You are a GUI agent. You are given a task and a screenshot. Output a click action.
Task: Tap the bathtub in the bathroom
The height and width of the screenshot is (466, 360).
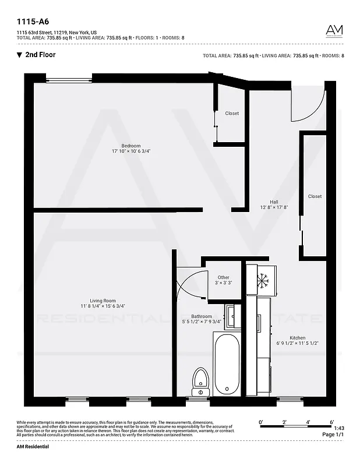(226, 364)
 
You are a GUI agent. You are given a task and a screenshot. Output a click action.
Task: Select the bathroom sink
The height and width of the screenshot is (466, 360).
(231, 316)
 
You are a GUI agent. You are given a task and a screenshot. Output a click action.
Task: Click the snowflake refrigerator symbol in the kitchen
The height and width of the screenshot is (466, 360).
(263, 281)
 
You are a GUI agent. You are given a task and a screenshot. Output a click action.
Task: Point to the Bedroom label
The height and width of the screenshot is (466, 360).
(131, 146)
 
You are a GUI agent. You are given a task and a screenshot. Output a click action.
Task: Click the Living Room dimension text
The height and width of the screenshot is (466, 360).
(103, 306)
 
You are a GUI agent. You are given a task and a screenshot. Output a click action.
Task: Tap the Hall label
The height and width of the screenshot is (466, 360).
(274, 202)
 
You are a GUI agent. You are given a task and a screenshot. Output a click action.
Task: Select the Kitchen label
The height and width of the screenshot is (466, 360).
(297, 338)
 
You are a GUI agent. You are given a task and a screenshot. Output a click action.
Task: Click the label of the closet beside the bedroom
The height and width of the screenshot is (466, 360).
(232, 114)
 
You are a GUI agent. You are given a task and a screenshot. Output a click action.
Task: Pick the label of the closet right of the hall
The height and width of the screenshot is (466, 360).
(315, 197)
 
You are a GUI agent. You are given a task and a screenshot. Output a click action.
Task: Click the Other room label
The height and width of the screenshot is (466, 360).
(223, 277)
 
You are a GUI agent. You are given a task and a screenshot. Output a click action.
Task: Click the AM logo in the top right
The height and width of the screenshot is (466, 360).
(334, 31)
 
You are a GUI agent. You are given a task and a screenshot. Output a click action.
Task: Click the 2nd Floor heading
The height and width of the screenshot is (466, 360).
(40, 55)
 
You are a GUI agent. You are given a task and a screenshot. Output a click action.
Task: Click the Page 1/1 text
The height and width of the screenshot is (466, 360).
(332, 435)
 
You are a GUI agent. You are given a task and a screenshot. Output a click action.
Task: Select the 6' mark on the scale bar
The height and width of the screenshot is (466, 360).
(331, 421)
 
